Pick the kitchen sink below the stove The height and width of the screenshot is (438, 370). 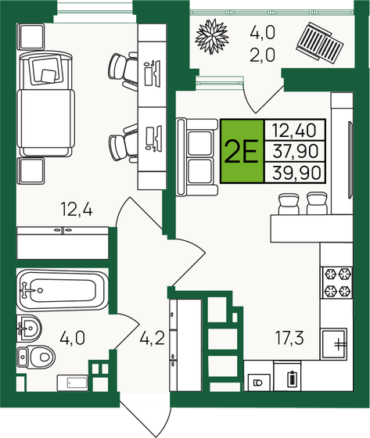(x=338, y=343)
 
